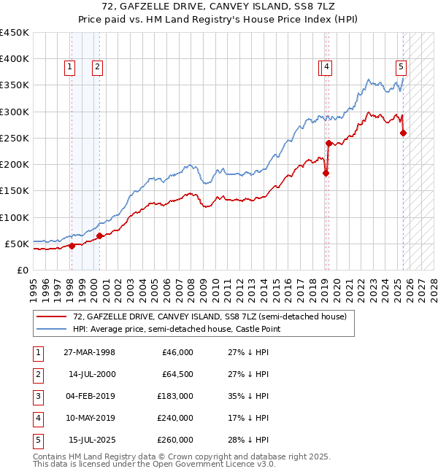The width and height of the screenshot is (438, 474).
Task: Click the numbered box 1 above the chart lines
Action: [69, 67]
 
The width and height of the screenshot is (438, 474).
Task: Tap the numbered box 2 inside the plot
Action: [97, 67]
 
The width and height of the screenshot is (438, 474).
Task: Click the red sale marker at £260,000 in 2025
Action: [404, 133]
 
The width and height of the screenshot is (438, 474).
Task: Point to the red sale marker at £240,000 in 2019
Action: [329, 143]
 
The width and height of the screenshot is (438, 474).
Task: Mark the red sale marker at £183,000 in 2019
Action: [326, 173]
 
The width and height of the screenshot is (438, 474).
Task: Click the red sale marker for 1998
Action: [72, 246]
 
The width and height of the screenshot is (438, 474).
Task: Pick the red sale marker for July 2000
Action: [99, 236]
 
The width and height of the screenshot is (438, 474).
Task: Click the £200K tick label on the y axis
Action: [15, 164]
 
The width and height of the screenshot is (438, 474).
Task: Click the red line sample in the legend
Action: [52, 316]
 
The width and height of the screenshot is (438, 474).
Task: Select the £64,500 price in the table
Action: [177, 374]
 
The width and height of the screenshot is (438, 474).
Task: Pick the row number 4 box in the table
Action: [37, 418]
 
